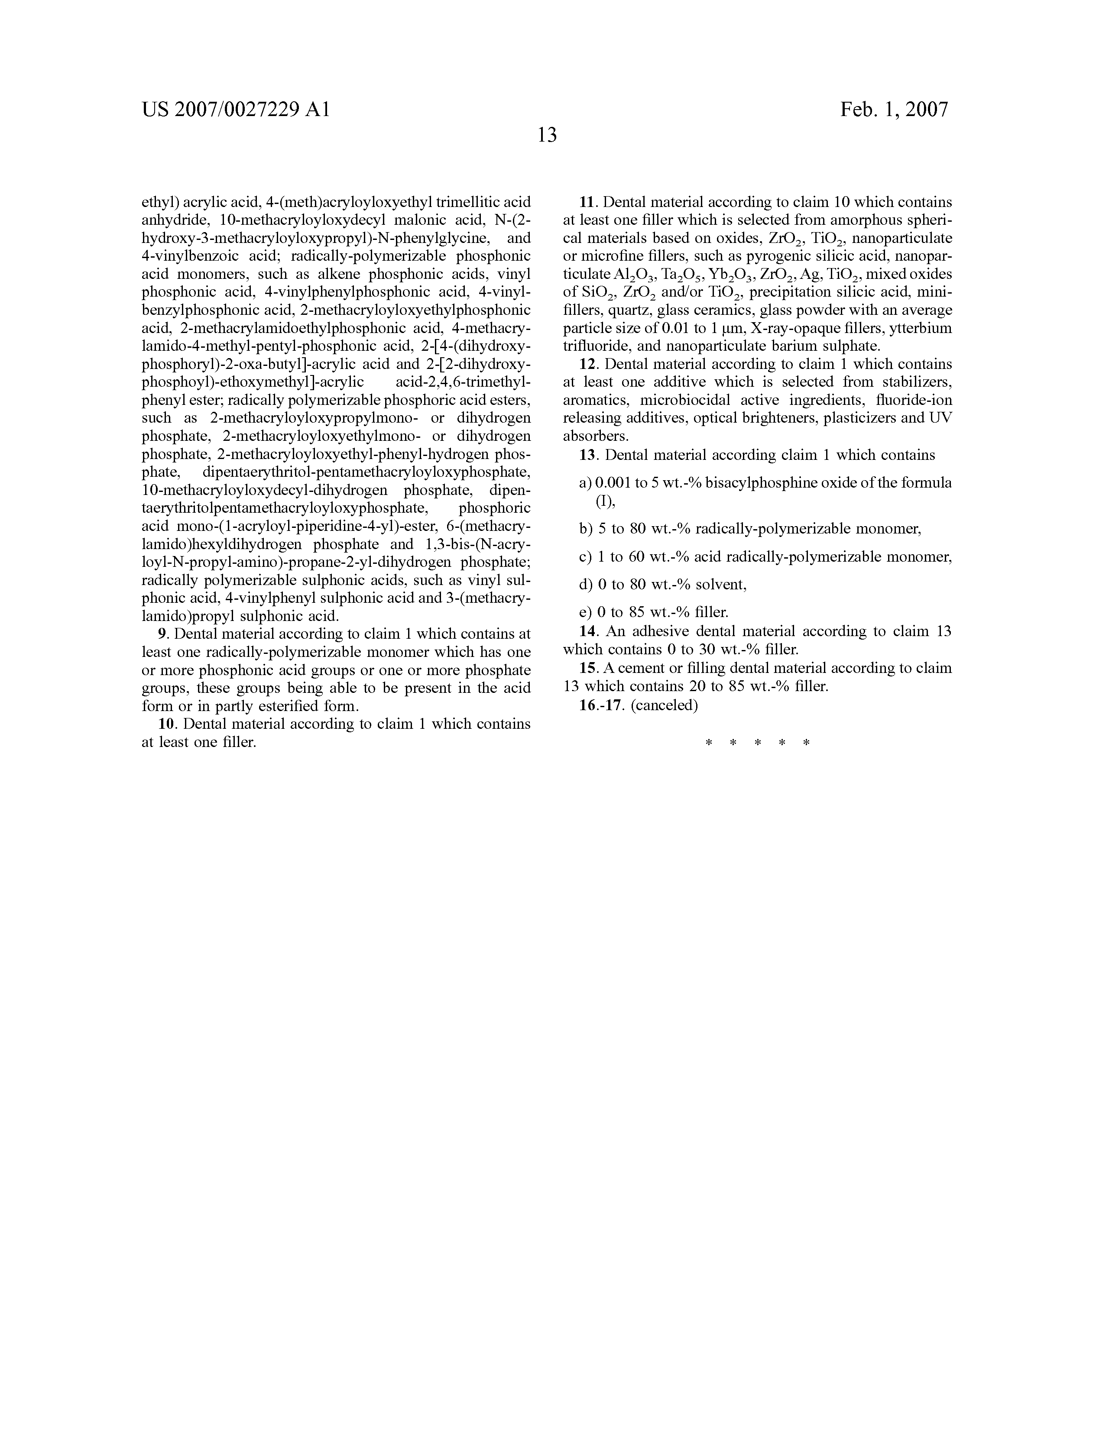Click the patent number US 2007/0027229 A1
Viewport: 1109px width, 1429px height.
(236, 109)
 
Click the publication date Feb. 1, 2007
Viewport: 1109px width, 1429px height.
(894, 109)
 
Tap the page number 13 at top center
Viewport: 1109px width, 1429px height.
(547, 136)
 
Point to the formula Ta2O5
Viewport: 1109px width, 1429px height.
(681, 275)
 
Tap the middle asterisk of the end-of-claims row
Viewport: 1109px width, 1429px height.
(757, 743)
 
